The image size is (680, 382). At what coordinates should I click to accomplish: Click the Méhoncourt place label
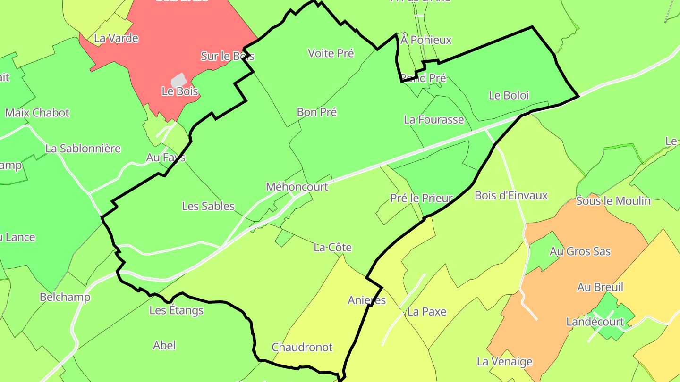297,187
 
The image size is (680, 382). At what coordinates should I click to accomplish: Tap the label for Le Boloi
509,95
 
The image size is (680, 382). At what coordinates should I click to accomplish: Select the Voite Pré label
331,53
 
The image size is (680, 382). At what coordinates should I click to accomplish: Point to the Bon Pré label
316,112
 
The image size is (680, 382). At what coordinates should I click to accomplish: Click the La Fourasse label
433,120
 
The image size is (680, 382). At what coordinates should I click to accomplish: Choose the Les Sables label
208,206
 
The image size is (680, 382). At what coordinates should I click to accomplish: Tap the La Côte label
332,248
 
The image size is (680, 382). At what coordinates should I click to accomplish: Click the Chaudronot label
302,348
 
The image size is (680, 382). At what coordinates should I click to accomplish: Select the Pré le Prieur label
421,199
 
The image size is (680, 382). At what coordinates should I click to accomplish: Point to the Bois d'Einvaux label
511,195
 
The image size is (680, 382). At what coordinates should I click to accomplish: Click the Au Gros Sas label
580,252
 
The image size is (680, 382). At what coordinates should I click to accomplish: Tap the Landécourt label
595,322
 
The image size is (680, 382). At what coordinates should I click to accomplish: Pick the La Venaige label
504,362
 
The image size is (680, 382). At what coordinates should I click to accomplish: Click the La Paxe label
426,312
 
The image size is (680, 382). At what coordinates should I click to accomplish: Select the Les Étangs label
176,310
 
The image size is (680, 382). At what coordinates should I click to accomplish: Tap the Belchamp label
65,297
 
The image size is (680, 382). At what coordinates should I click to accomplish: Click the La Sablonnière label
83,149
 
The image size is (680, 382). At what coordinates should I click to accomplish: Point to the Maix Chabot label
37,113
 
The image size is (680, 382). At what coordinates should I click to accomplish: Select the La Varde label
116,38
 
